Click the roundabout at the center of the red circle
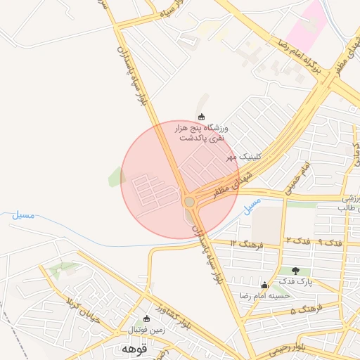pos(189,202)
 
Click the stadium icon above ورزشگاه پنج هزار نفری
pos(202,117)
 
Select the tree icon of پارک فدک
pos(294,271)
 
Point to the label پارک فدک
pos(295,282)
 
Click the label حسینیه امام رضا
pos(264,296)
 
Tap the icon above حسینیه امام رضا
pos(264,285)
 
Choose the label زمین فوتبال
pos(146,329)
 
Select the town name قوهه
pos(133,349)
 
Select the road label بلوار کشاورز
pos(175,315)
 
